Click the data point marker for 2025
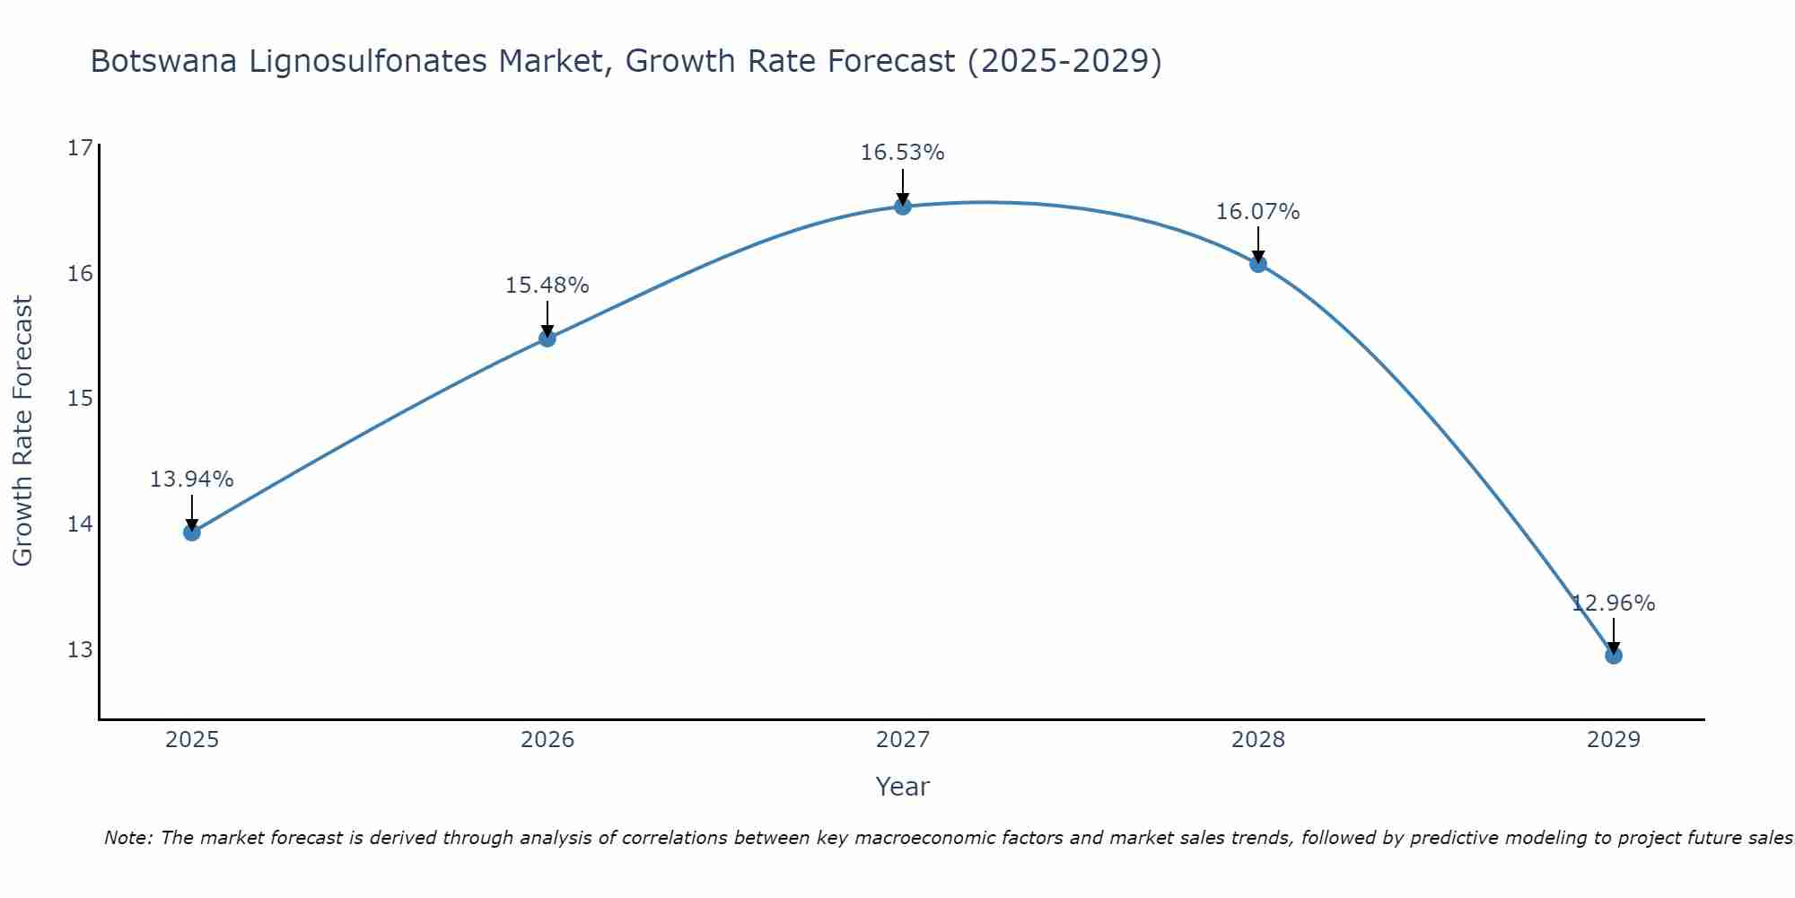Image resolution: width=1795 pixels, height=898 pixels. pos(192,533)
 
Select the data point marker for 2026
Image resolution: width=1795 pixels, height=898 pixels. pos(547,339)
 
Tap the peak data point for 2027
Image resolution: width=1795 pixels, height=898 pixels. pos(903,207)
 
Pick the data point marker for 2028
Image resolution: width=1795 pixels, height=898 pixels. pos(1258,264)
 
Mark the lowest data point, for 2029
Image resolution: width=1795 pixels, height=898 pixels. pos(1614,656)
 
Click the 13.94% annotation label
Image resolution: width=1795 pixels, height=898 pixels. pos(191,480)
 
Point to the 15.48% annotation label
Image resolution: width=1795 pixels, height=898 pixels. pos(547,286)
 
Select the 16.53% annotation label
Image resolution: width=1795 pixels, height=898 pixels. pos(902,153)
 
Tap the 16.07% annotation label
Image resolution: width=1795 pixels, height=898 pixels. pos(1257,212)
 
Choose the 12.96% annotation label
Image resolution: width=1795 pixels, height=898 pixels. pos(1613,603)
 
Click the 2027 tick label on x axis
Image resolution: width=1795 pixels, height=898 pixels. pos(903,740)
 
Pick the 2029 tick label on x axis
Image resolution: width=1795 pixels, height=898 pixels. pos(1614,740)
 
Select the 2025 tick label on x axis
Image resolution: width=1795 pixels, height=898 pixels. pos(192,740)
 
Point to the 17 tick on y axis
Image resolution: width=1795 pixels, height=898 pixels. pos(80,148)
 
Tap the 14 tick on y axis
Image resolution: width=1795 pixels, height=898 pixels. pos(80,524)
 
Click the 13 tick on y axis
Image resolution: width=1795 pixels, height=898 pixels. pos(80,649)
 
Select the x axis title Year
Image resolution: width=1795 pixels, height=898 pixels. pos(902,787)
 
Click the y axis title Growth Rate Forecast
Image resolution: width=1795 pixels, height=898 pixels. pos(23,431)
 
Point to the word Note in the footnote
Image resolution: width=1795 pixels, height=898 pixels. pos(129,838)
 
